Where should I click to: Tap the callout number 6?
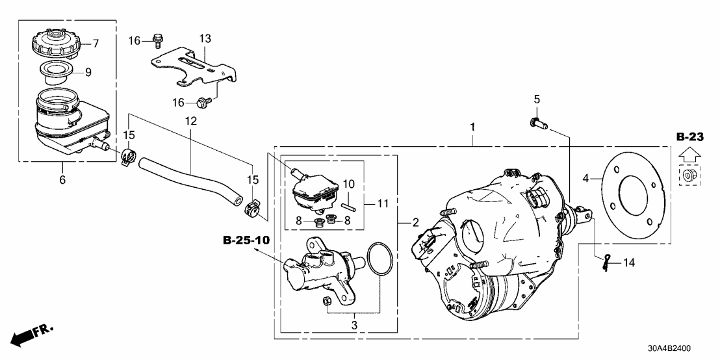click(62, 179)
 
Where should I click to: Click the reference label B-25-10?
click(246, 240)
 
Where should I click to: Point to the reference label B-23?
click(690, 137)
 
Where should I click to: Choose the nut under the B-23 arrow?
click(689, 176)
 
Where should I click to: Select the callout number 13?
click(205, 39)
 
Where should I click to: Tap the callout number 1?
click(473, 125)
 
